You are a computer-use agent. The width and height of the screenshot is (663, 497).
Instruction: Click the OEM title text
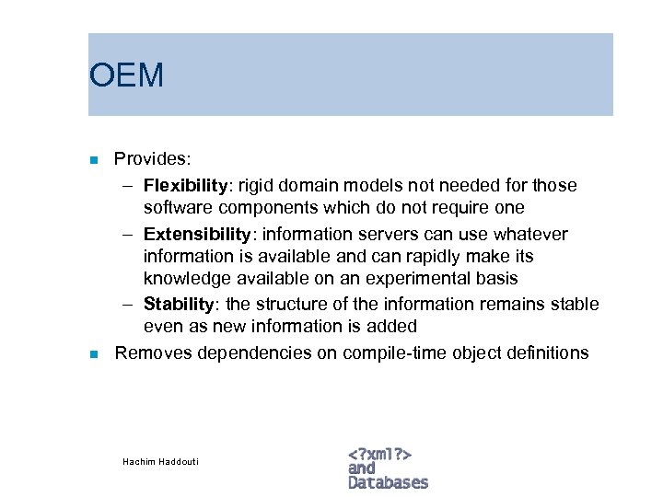tap(126, 75)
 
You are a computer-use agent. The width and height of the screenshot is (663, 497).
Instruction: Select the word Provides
tap(152, 159)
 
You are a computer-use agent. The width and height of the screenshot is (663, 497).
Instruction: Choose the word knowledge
tap(183, 279)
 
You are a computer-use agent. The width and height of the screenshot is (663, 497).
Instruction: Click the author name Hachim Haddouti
tap(160, 461)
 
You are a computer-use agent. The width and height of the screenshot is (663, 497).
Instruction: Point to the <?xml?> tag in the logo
tap(379, 453)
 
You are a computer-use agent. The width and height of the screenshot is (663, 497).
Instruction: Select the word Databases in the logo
tap(389, 482)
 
